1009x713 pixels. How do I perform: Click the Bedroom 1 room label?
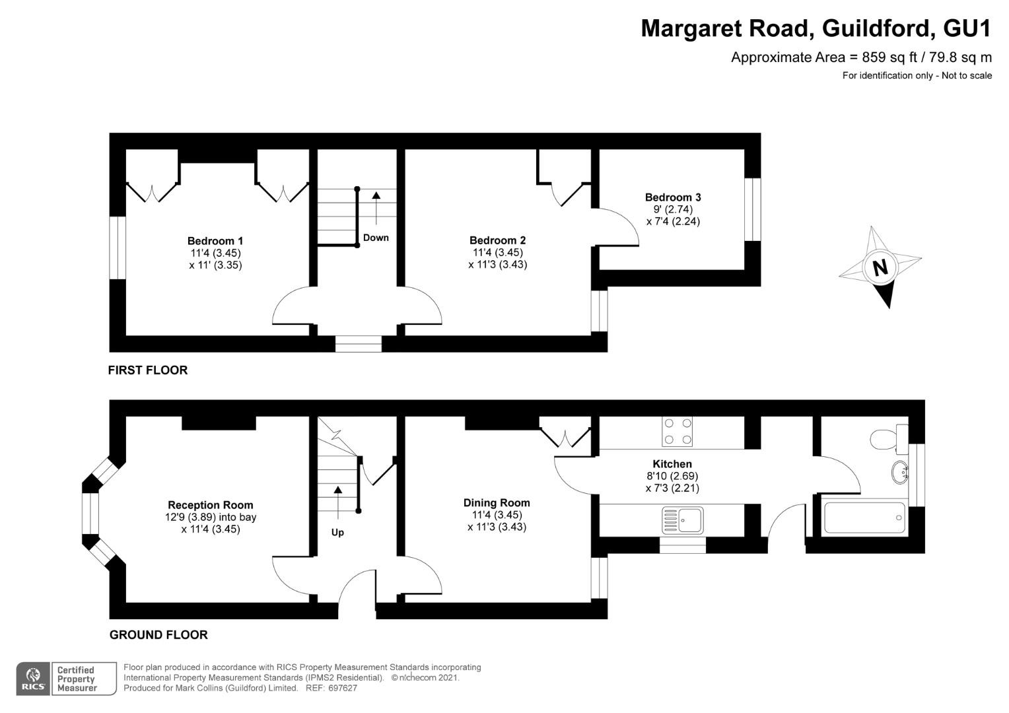[x=215, y=241]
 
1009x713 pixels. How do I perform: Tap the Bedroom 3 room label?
[x=673, y=197]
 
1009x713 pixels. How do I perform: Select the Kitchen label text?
[x=672, y=464]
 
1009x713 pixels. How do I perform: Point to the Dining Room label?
[x=497, y=502]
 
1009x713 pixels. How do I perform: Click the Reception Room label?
[x=211, y=505]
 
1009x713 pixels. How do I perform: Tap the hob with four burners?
[x=677, y=432]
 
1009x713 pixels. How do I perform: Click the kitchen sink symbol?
[x=682, y=520]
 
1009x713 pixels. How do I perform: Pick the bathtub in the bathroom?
[x=864, y=518]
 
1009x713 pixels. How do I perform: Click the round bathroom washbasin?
[x=900, y=472]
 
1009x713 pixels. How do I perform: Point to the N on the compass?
[x=880, y=268]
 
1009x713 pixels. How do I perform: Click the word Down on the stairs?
[x=376, y=238]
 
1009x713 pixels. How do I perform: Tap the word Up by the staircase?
[x=337, y=532]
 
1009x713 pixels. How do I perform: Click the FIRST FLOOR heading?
[x=148, y=370]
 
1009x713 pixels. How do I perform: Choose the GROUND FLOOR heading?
[x=158, y=635]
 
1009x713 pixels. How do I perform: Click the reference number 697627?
[x=342, y=688]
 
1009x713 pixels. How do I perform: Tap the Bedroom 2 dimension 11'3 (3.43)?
[x=497, y=264]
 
